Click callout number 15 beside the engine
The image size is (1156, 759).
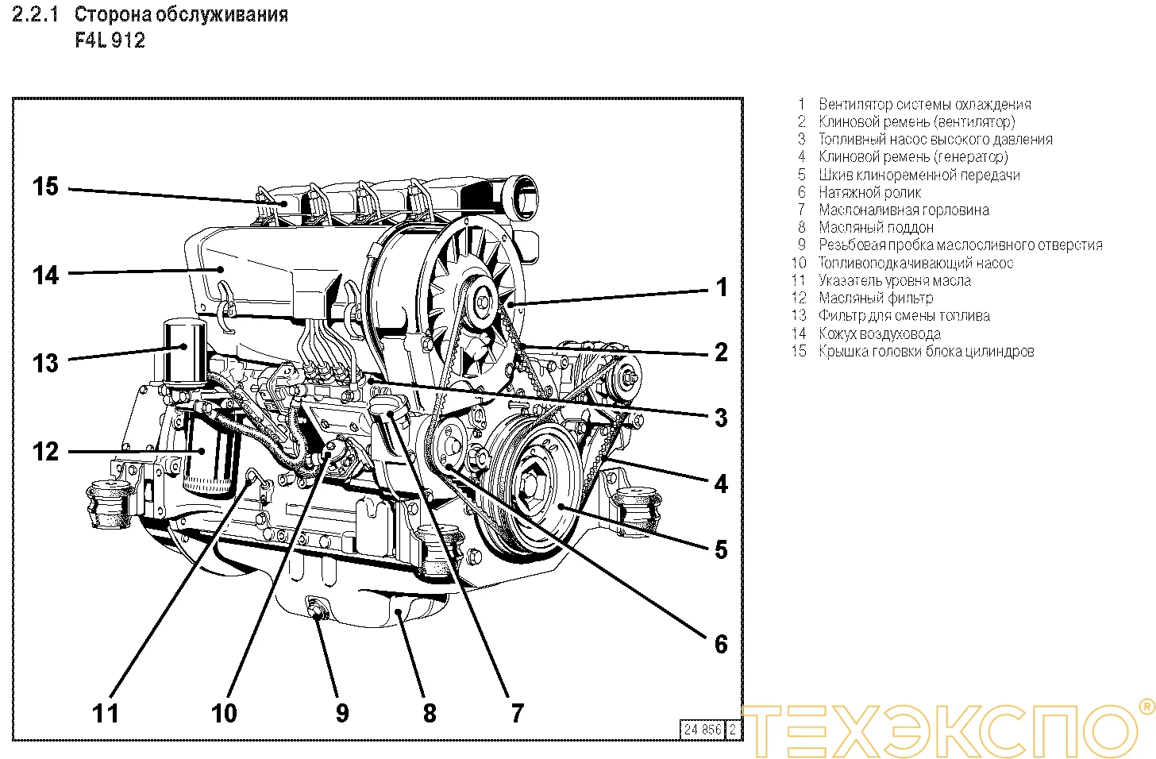click(x=45, y=187)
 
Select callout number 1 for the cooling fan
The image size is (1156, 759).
click(x=721, y=287)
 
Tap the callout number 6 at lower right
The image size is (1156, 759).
click(x=720, y=643)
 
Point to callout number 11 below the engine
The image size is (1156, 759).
click(x=106, y=713)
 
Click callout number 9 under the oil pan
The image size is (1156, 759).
click(x=342, y=713)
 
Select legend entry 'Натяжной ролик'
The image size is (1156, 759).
click(x=869, y=192)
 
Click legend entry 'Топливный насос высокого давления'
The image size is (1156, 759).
click(x=935, y=139)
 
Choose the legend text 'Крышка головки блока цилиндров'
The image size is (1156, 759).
click(x=926, y=351)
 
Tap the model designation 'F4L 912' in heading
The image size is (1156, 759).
click(x=110, y=40)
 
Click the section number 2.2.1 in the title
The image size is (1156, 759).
click(x=36, y=14)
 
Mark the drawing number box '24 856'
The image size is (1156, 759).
click(x=702, y=729)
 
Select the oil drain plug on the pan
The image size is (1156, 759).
click(x=318, y=610)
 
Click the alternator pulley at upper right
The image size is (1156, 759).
click(x=626, y=374)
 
